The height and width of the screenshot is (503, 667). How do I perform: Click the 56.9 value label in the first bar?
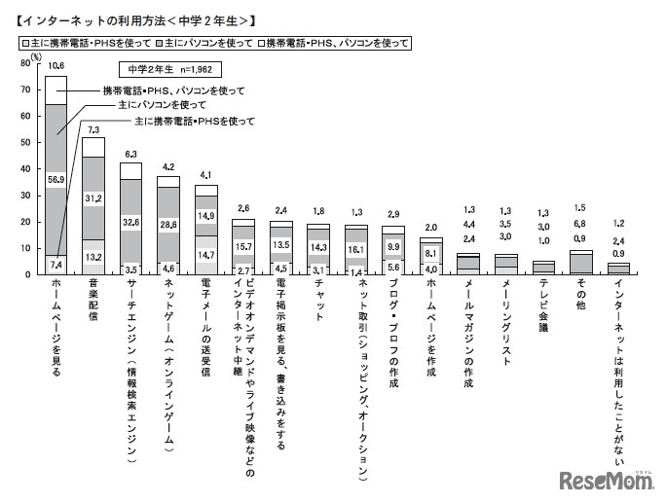56,179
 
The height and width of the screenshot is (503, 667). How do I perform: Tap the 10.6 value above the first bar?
56,67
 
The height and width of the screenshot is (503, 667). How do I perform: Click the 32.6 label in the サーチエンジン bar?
130,221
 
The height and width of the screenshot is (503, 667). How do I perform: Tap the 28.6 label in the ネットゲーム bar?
168,223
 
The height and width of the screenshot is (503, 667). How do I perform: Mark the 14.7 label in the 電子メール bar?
205,254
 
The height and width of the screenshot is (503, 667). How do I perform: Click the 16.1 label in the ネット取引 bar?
356,248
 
